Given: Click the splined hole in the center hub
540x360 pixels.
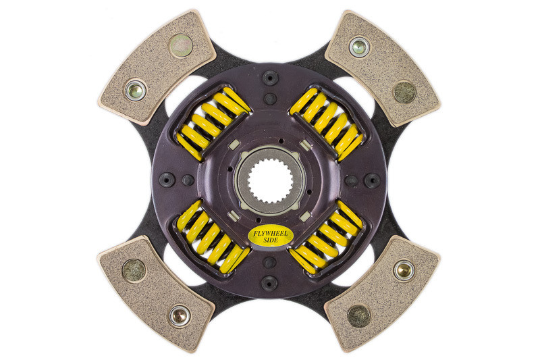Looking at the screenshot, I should pos(269,180).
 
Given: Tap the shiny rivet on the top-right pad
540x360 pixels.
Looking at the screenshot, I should pos(360,47).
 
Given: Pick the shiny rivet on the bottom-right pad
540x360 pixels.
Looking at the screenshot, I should pos(403,269).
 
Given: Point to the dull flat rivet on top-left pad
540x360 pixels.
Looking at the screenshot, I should pos(180,46).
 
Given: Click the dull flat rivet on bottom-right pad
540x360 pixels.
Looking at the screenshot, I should pos(358,315).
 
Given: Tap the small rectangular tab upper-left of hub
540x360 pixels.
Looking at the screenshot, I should pos(233,145).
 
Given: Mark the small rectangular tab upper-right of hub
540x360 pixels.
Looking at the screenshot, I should pos(306,144).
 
